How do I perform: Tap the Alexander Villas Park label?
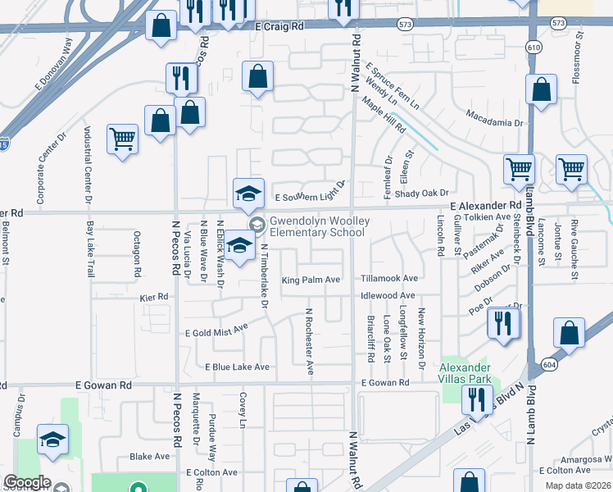pyautogui.click(x=465, y=373)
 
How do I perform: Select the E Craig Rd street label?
pyautogui.click(x=279, y=26)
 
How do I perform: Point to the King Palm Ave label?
pyautogui.click(x=311, y=280)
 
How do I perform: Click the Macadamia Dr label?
pyautogui.click(x=494, y=122)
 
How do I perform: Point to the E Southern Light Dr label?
pyautogui.click(x=311, y=196)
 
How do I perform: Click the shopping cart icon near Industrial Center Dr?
pyautogui.click(x=122, y=139)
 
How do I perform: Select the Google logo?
pyautogui.click(x=27, y=482)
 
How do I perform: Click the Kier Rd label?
pyautogui.click(x=153, y=296)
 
